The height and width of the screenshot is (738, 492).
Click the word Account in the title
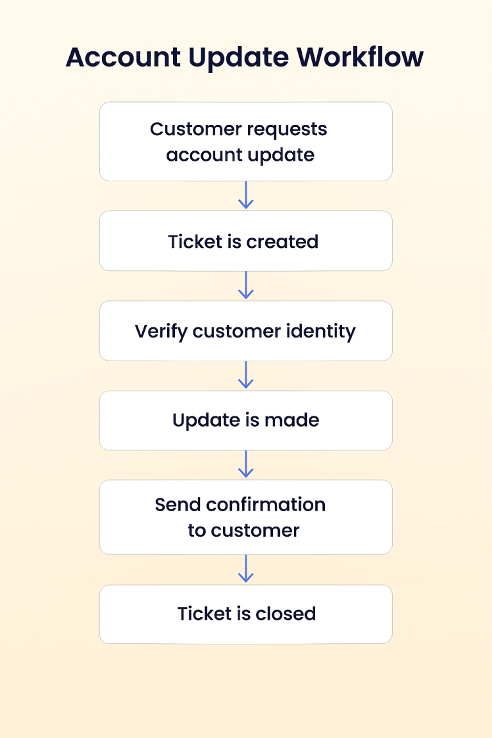click(124, 58)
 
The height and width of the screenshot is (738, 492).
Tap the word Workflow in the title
click(360, 57)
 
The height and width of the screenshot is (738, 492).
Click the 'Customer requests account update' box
click(246, 142)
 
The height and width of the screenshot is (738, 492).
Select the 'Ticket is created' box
click(246, 241)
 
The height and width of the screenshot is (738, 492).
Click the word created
click(283, 242)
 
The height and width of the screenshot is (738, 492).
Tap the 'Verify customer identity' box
click(246, 331)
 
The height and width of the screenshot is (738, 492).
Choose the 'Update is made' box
click(246, 420)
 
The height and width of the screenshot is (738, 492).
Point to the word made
click(292, 420)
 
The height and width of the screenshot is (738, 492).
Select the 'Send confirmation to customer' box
click(246, 517)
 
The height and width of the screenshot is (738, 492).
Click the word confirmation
click(265, 505)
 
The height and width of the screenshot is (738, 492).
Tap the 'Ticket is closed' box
click(246, 614)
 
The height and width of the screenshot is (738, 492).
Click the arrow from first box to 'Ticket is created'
click(246, 195)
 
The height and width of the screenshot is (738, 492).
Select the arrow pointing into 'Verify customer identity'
click(246, 285)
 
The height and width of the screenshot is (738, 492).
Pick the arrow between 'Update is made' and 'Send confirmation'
click(246, 464)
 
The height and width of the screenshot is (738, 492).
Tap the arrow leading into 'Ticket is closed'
click(246, 569)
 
